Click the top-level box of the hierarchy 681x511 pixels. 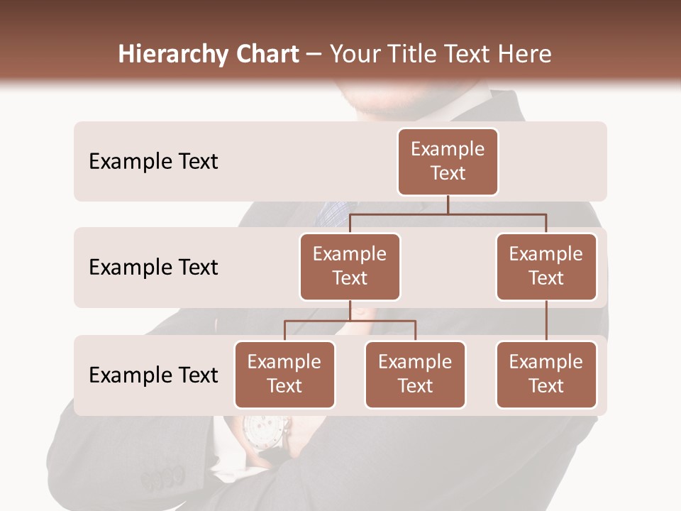point(448,161)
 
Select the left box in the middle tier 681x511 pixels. point(350,266)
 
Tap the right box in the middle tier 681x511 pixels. point(546,266)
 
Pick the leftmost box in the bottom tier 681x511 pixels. point(284,374)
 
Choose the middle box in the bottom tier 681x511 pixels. point(415,374)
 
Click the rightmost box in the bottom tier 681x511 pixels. point(546,374)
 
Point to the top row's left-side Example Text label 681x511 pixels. point(153,162)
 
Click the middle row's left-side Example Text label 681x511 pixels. point(153,268)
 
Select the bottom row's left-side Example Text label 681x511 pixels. point(153,375)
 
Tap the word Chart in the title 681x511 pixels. point(265,54)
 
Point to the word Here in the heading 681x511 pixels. point(525,54)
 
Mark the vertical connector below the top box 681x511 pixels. point(448,204)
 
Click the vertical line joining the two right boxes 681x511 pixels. point(546,321)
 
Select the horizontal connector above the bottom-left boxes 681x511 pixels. point(350,321)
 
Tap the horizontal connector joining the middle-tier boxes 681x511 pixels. point(448,214)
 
